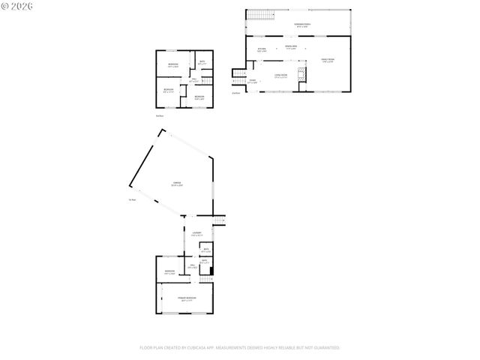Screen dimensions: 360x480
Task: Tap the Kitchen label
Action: [x=262, y=50]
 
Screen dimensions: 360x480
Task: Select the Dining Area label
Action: [x=289, y=49]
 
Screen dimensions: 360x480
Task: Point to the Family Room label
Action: [x=328, y=60]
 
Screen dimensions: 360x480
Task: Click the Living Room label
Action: [x=281, y=76]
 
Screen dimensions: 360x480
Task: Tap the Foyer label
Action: [x=253, y=81]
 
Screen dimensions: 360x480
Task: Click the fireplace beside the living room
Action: [x=301, y=73]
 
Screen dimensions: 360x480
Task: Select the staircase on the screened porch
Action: [x=259, y=16]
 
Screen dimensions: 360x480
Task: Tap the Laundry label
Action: [x=196, y=234]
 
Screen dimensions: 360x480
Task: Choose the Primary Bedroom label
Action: [x=187, y=298]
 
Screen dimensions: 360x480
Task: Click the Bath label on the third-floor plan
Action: [x=202, y=63]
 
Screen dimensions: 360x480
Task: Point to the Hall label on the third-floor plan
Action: [x=193, y=79]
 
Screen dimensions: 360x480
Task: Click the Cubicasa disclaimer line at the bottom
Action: [x=239, y=348]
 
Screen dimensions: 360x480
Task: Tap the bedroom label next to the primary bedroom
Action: [x=169, y=271]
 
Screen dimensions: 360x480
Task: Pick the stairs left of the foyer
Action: [x=238, y=82]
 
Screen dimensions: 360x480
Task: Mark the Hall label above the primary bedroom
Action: [x=192, y=266]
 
